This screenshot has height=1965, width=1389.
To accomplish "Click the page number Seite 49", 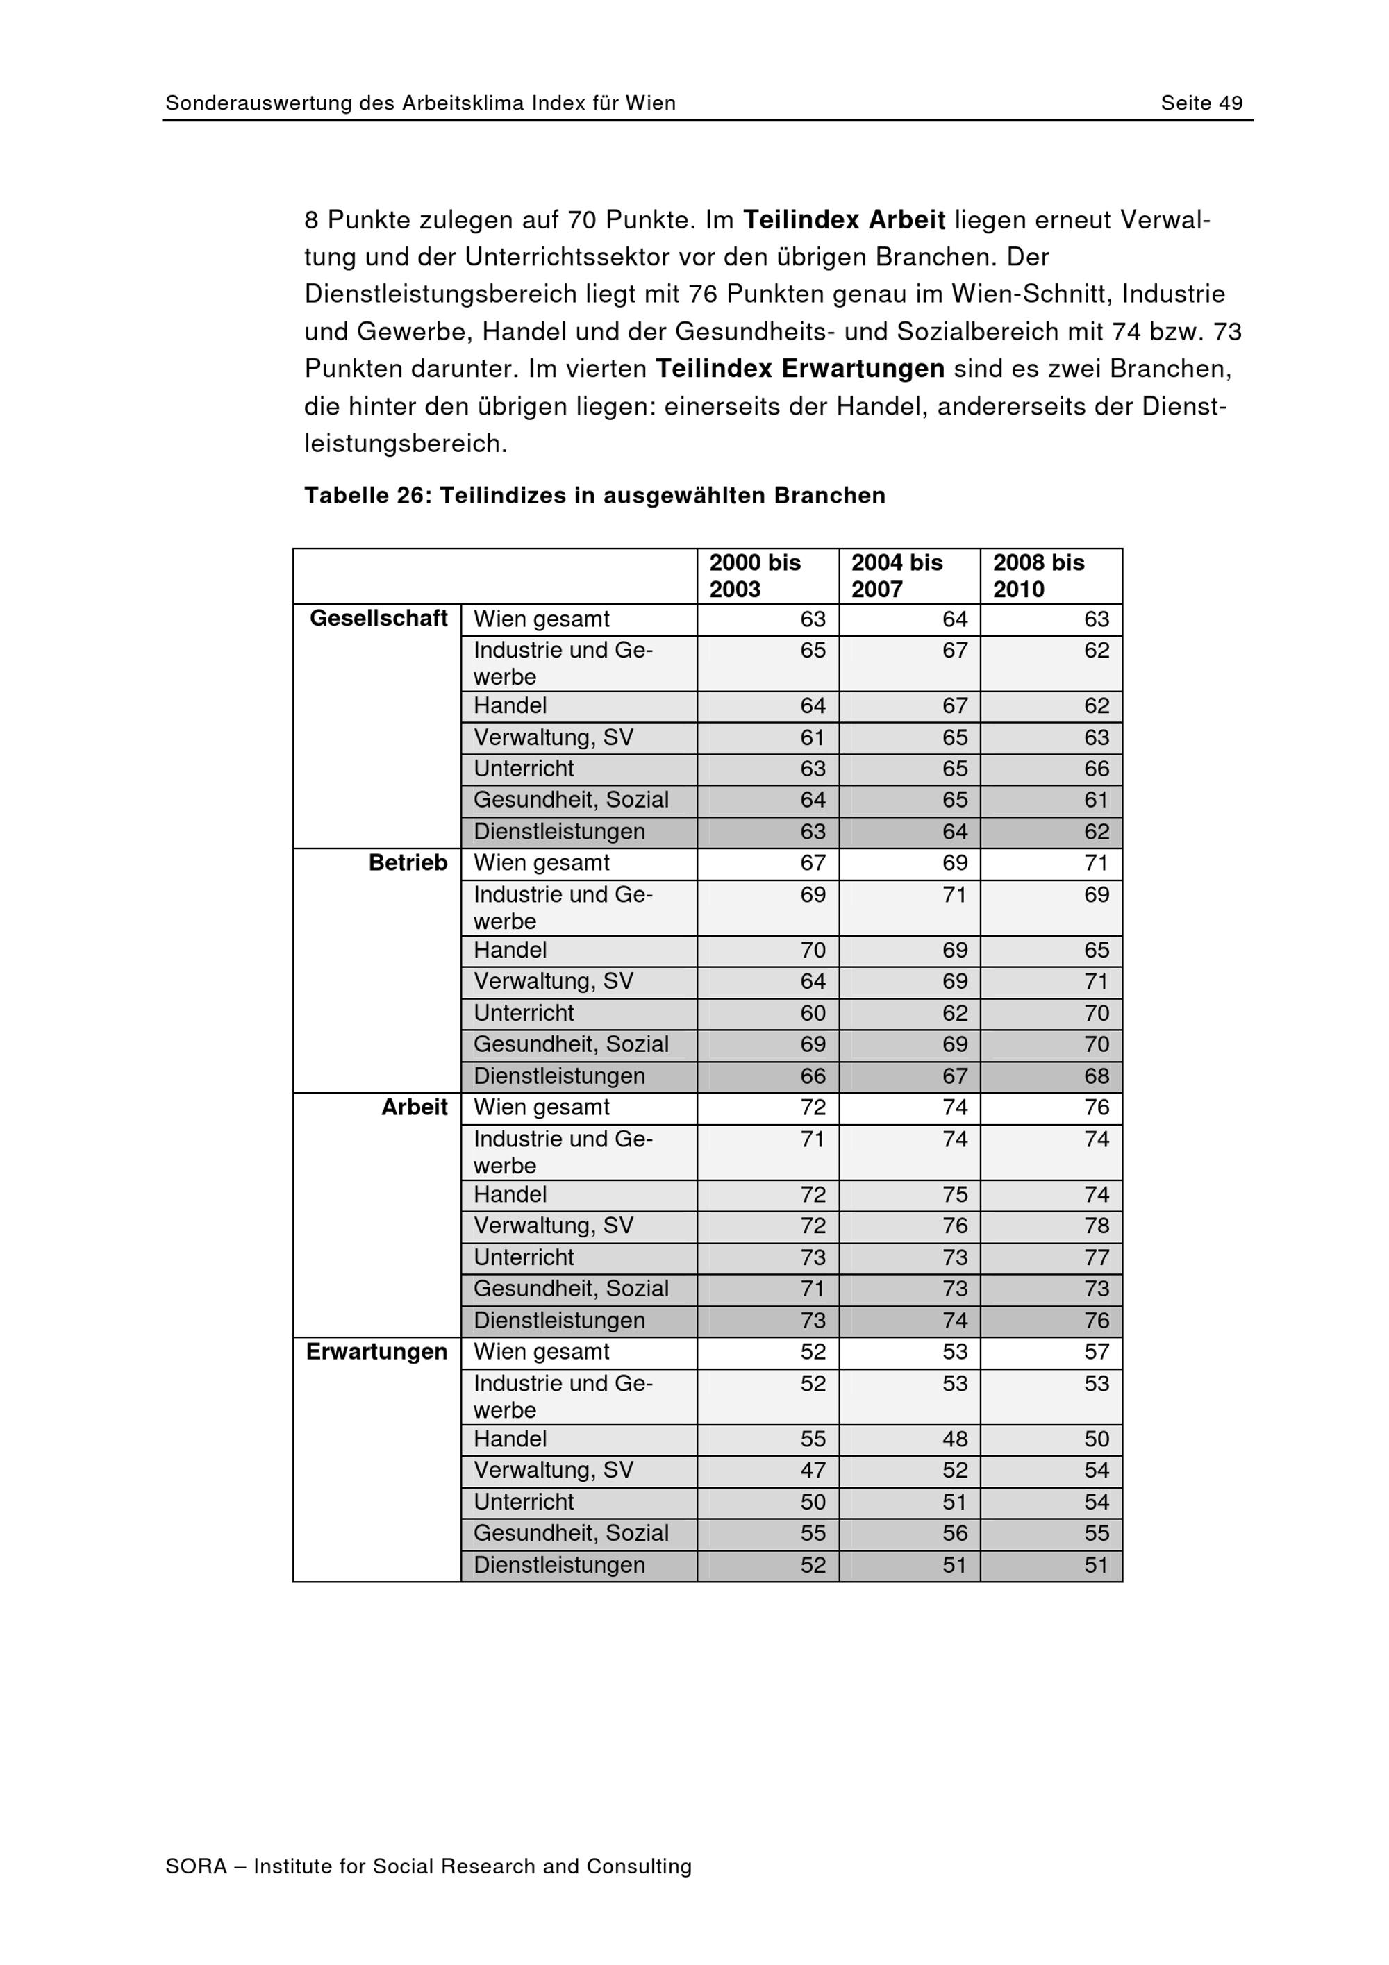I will [x=1201, y=103].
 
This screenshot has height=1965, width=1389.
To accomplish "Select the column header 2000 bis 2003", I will [x=754, y=576].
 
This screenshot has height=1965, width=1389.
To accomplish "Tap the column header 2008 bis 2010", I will [x=1038, y=576].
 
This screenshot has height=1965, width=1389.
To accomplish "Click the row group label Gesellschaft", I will [x=379, y=619].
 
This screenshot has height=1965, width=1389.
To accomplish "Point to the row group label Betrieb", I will [x=408, y=862].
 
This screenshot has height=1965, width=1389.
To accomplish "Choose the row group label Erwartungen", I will [x=376, y=1351].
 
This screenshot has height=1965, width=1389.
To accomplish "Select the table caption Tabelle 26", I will [x=594, y=496].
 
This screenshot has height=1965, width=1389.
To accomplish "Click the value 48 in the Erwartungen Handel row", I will [x=954, y=1439].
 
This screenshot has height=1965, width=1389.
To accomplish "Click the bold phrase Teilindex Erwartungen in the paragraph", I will [x=799, y=369].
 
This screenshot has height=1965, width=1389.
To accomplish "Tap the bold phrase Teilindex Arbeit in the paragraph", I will [x=843, y=220].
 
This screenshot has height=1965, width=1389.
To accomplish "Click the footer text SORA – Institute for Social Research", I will [x=428, y=1866].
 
